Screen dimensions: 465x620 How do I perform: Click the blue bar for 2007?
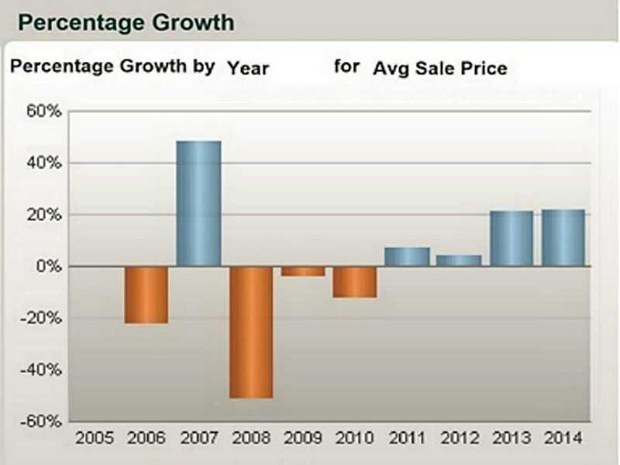(x=198, y=204)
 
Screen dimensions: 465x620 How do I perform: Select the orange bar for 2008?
(x=251, y=332)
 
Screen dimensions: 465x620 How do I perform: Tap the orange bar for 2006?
(x=146, y=294)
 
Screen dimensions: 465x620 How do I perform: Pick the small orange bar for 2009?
(x=303, y=271)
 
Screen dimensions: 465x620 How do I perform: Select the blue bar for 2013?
(x=511, y=239)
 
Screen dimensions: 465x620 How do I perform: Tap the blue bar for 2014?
(x=563, y=238)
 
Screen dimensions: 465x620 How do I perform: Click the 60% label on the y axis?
(x=43, y=112)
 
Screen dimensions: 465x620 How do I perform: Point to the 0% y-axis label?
(x=46, y=267)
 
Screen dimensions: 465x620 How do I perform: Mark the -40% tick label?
(x=41, y=370)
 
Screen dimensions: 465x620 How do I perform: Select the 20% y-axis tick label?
(x=43, y=215)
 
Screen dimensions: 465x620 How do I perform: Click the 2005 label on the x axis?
(x=94, y=438)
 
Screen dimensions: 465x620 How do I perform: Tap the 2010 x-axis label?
(x=355, y=438)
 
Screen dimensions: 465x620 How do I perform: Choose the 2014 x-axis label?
(x=563, y=438)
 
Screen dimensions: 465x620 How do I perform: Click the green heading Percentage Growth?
(x=126, y=22)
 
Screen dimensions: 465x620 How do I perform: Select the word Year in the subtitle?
(x=248, y=68)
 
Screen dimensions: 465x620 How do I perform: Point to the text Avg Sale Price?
(x=439, y=68)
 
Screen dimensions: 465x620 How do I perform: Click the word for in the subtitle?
(x=347, y=66)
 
